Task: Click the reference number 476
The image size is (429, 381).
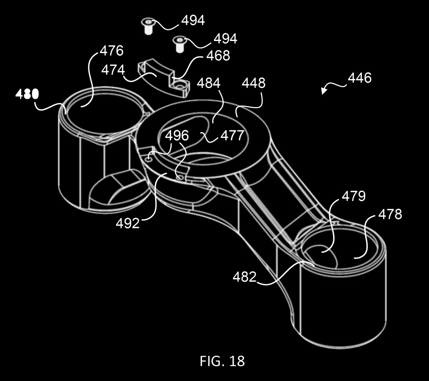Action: (x=111, y=51)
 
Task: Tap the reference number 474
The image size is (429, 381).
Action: (x=113, y=70)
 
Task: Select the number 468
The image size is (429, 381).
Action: (x=218, y=56)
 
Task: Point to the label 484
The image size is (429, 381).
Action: (x=209, y=84)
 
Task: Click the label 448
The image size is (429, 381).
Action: (x=253, y=84)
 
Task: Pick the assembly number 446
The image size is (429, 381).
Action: (x=359, y=78)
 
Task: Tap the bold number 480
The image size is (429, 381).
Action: (x=27, y=95)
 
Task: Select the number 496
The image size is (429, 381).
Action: (x=177, y=136)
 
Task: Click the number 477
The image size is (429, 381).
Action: (x=232, y=136)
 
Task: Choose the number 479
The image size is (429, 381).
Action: (x=353, y=196)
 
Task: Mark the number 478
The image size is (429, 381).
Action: (x=390, y=214)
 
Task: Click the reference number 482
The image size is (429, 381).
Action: (x=245, y=277)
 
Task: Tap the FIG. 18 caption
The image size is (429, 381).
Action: (x=222, y=361)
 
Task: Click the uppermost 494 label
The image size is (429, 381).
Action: (x=193, y=21)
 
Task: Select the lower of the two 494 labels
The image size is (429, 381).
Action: (x=225, y=38)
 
